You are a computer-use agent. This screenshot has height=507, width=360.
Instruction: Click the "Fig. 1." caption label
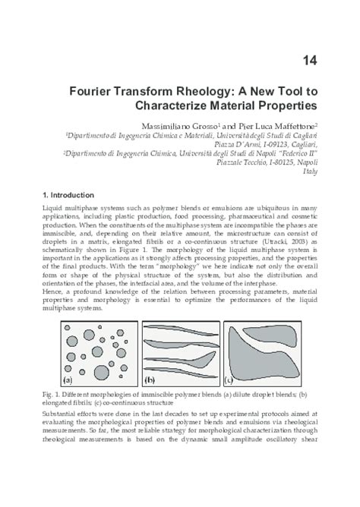[x=51, y=394]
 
